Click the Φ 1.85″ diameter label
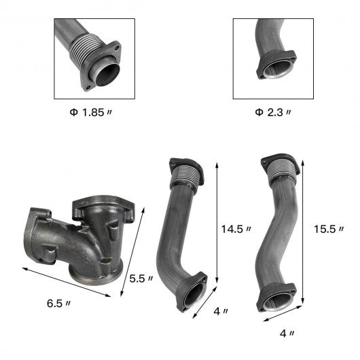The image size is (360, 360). [91, 113]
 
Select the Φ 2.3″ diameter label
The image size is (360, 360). [273, 113]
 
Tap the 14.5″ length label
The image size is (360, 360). [236, 229]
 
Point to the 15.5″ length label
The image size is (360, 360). [329, 229]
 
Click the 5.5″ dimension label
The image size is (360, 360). [141, 278]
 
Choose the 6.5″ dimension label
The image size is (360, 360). [58, 304]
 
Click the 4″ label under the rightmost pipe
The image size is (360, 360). [287, 334]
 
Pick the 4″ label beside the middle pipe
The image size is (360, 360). [221, 311]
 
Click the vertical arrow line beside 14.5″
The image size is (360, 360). [217, 223]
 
